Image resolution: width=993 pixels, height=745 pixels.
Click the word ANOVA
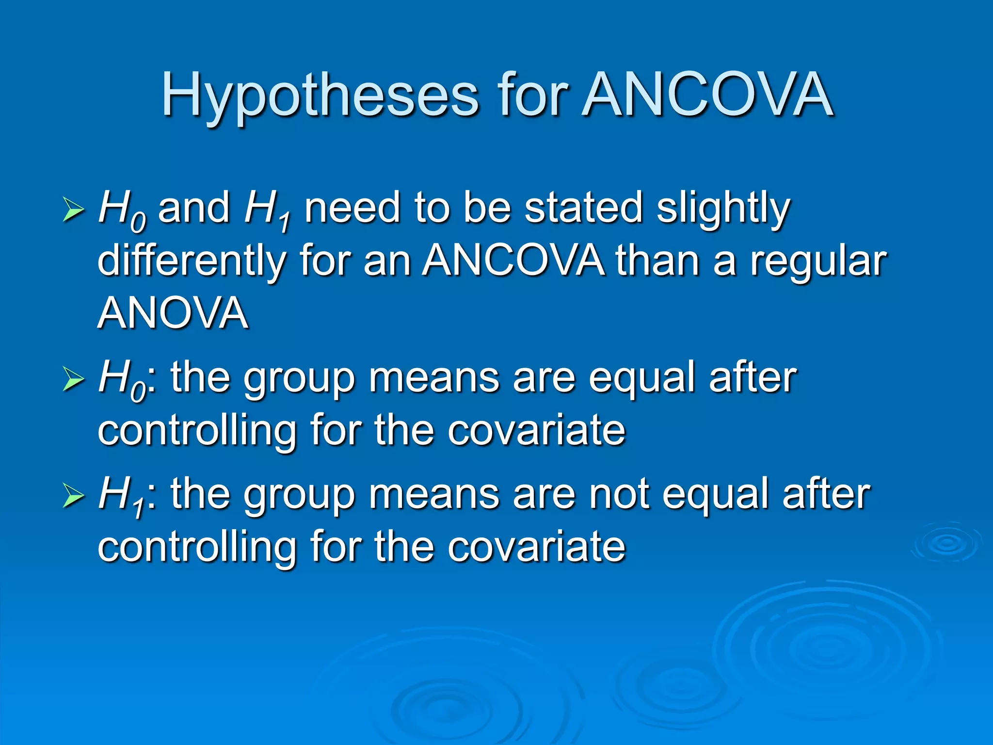coord(173,313)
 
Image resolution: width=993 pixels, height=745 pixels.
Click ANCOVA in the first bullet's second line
coord(513,260)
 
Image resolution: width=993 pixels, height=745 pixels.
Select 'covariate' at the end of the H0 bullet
coord(536,430)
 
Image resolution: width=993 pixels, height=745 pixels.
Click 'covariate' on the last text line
coord(536,547)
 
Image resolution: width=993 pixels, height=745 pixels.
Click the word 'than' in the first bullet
coord(657,260)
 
